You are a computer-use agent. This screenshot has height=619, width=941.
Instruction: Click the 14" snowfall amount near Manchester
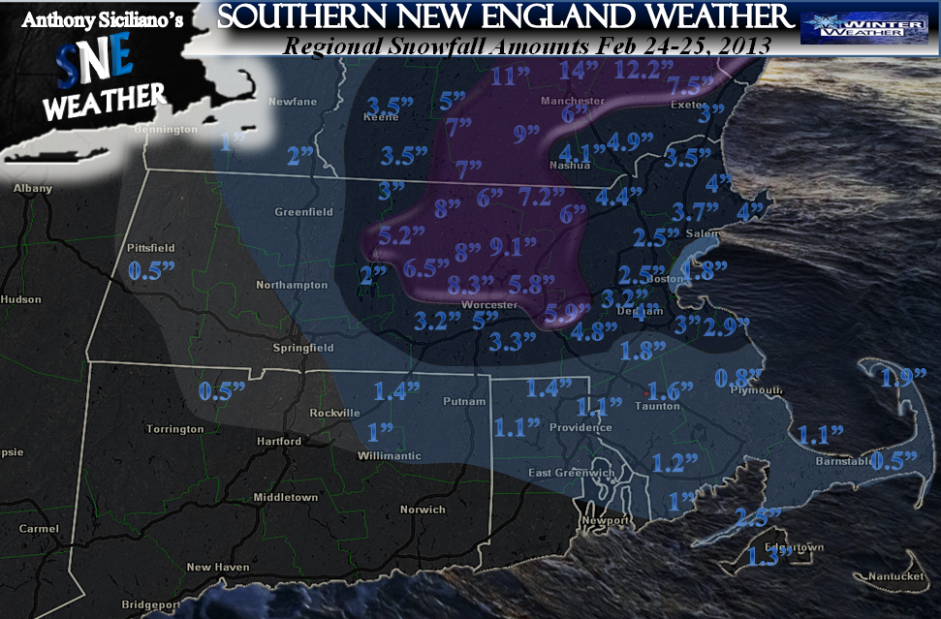pyautogui.click(x=580, y=70)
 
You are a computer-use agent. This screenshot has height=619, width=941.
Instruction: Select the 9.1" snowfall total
pyautogui.click(x=514, y=246)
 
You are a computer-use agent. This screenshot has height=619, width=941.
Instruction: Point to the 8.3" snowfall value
pyautogui.click(x=472, y=284)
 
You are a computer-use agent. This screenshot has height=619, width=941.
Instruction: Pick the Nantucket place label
pyautogui.click(x=896, y=576)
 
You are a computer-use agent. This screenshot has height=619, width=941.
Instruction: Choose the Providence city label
pyautogui.click(x=580, y=427)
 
